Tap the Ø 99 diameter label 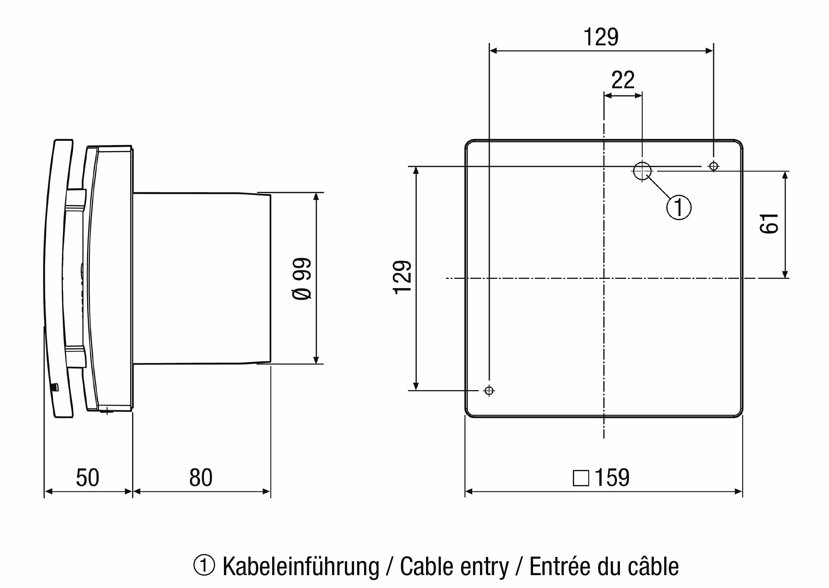(x=302, y=278)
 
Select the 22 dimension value (x=623, y=80)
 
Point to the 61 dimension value (x=769, y=223)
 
